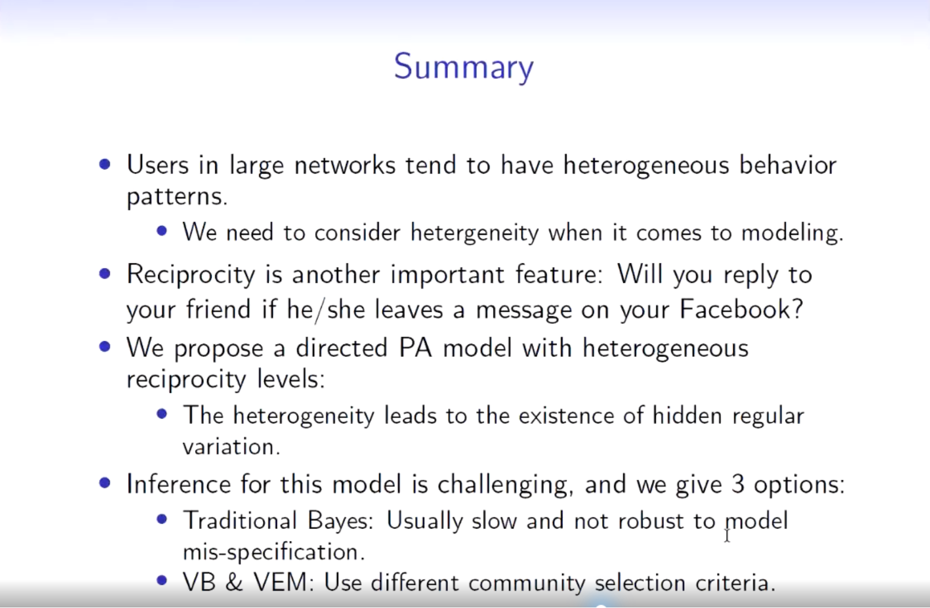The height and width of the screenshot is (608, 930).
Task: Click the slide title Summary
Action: pyautogui.click(x=464, y=68)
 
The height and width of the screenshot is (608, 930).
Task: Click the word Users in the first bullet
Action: pyautogui.click(x=158, y=165)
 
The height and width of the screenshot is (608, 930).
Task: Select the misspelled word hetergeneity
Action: pyautogui.click(x=475, y=233)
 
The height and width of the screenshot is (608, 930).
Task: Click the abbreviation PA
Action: pyautogui.click(x=416, y=348)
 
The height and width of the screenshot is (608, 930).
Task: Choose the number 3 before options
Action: pyautogui.click(x=737, y=484)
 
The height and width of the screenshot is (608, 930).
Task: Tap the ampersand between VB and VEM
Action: pyautogui.click(x=234, y=582)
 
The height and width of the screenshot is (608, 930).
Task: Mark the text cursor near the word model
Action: pyautogui.click(x=727, y=535)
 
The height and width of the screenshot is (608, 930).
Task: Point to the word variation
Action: pyautogui.click(x=231, y=447)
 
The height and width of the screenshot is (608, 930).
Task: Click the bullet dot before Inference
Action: pyautogui.click(x=105, y=483)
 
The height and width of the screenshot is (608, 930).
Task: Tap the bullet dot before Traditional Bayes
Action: pyautogui.click(x=162, y=519)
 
